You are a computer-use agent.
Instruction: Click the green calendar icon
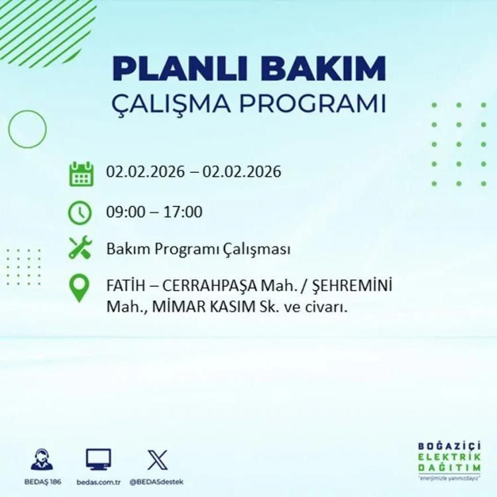pyautogui.click(x=81, y=174)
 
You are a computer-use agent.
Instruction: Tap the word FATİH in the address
pyautogui.click(x=123, y=288)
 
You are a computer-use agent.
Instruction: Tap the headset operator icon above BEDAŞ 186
pyautogui.click(x=42, y=459)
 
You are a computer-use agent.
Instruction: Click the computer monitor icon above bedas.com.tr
pyautogui.click(x=99, y=459)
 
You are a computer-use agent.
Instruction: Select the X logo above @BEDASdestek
pyautogui.click(x=157, y=459)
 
